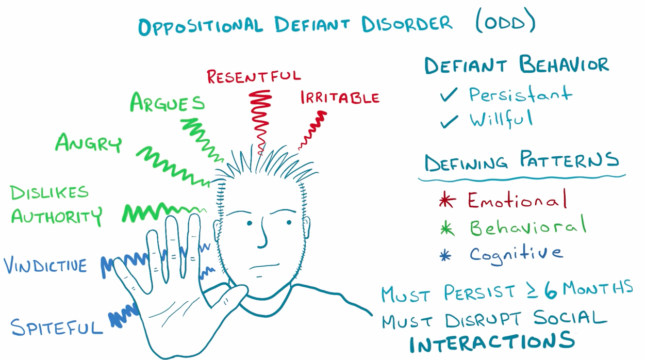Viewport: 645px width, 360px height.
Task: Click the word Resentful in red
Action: click(254, 76)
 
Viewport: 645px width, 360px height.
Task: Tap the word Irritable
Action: click(340, 97)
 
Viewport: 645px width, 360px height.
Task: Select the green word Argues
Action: click(167, 102)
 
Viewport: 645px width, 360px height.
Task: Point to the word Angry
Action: click(89, 143)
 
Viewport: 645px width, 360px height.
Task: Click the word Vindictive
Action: click(45, 266)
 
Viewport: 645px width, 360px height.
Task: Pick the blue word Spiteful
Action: click(57, 327)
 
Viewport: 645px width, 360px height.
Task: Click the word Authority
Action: click(56, 216)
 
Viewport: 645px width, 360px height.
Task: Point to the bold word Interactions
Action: click(492, 342)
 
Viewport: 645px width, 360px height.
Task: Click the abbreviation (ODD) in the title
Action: click(505, 23)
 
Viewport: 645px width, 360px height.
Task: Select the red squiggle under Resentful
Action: click(260, 119)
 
